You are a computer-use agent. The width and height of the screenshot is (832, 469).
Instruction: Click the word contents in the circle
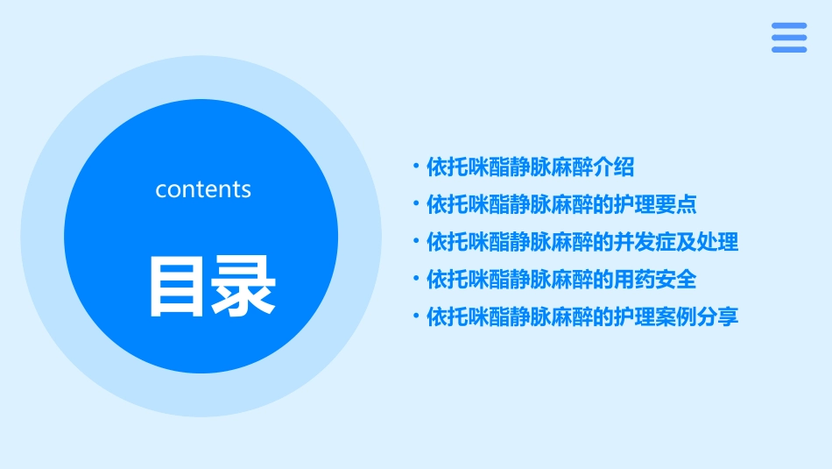[203, 189]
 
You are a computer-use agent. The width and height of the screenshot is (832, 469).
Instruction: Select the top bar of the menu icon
[788, 26]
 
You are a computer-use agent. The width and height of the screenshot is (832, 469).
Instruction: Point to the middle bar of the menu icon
[788, 38]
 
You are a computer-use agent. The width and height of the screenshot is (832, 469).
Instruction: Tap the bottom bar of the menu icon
[788, 49]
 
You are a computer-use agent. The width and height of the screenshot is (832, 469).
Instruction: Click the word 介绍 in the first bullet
[612, 167]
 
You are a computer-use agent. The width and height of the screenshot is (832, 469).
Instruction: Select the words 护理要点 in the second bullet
[654, 204]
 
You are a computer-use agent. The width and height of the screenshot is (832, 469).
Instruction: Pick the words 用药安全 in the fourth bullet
[654, 280]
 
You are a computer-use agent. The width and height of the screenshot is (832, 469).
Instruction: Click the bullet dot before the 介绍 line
[416, 167]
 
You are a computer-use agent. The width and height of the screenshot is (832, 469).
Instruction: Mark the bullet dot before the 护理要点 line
[416, 204]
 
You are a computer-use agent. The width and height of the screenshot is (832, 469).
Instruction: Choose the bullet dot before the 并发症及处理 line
[416, 242]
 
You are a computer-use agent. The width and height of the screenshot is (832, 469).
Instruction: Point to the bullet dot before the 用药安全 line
[416, 280]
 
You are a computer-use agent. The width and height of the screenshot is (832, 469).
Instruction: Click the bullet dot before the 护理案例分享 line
[416, 317]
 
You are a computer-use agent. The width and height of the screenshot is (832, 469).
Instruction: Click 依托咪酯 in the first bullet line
[468, 167]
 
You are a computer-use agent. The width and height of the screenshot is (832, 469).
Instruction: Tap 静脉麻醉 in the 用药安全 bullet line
[549, 280]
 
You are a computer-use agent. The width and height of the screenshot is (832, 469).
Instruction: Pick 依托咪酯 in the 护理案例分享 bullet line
[468, 317]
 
